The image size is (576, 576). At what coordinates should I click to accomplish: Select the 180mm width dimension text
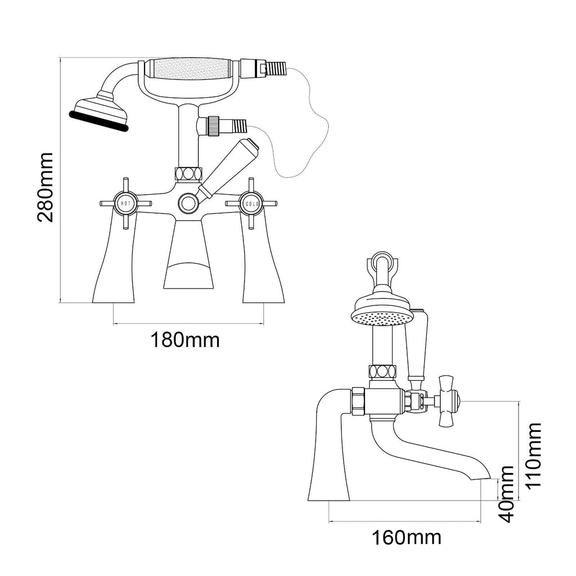tap(184, 340)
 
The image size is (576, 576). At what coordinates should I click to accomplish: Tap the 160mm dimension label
tap(407, 537)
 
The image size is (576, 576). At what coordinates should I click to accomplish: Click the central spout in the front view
tap(188, 256)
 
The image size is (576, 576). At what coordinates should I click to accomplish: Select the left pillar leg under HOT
tap(115, 264)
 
